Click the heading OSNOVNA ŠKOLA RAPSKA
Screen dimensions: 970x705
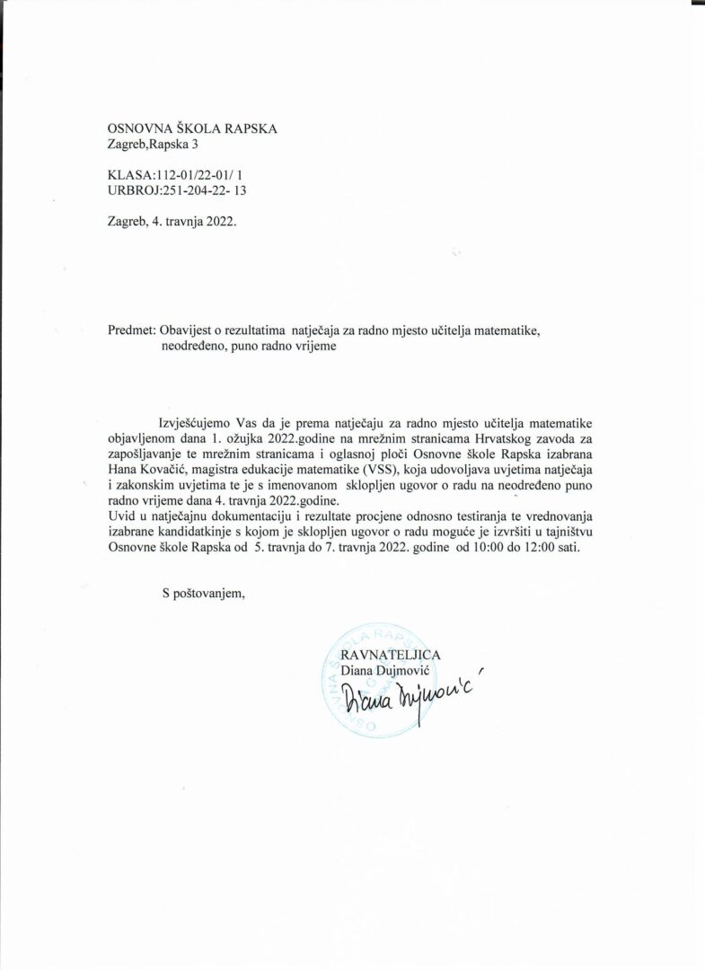[x=191, y=128]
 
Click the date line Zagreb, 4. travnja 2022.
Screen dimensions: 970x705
[x=172, y=220]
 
